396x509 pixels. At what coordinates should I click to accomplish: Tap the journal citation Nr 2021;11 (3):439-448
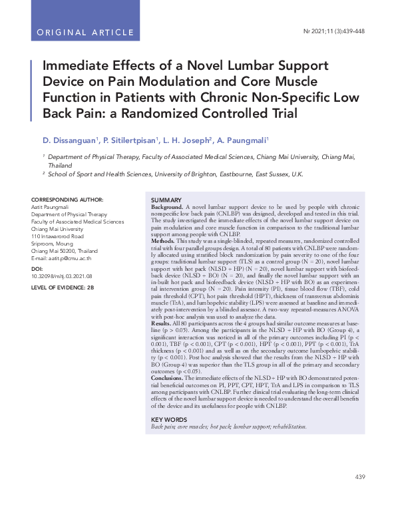(333, 32)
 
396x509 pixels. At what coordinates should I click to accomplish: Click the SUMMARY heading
(166, 200)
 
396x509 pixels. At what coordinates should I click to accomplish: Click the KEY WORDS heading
(170, 419)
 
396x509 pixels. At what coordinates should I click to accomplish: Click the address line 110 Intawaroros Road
(57, 236)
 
